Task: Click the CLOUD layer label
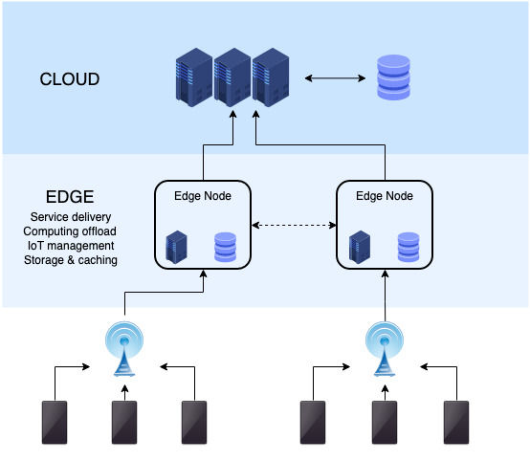[69, 79]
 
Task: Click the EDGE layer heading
[69, 197]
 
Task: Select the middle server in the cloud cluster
[232, 78]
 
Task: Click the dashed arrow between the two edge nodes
[294, 227]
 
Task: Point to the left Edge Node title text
[202, 196]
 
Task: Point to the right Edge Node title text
[385, 196]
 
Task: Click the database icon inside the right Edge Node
[409, 247]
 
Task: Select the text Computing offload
[71, 231]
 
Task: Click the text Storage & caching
[71, 260]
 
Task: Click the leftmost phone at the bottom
[55, 423]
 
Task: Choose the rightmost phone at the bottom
[456, 423]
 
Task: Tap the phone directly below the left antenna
[124, 423]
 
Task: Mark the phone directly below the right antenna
[385, 423]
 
